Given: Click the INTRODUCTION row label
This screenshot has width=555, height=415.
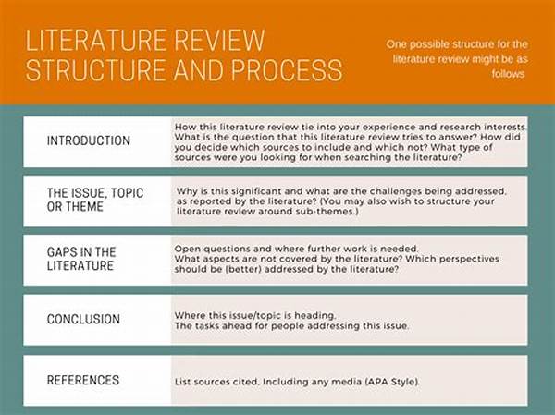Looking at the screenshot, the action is pos(89,140).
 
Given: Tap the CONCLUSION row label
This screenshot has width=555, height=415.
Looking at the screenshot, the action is pos(83,319).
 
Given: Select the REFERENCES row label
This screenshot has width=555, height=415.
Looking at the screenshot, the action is pos(83,380).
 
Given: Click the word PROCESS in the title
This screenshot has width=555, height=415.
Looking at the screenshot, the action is pos(287,69).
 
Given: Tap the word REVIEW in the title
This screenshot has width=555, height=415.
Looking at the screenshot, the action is pos(219,41).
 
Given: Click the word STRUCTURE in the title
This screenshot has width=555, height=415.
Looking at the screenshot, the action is pos(95,69).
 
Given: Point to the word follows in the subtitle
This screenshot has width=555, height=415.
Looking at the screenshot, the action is pos(508,74).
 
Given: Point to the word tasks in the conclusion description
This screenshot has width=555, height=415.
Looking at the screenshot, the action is pos(207,326).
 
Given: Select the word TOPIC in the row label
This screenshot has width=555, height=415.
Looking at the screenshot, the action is pos(127,193).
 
